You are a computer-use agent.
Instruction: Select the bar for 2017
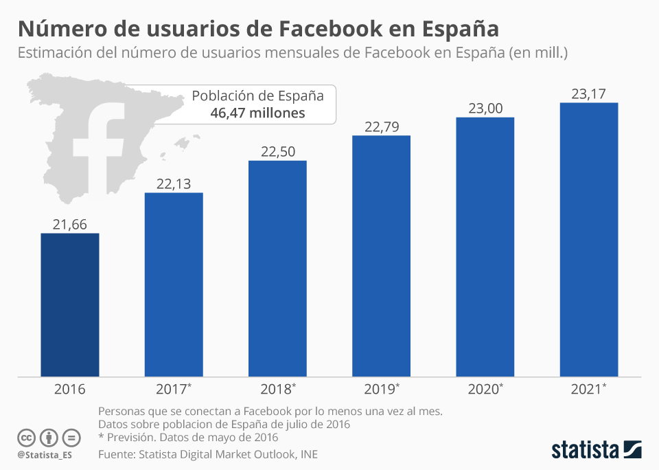click(x=174, y=284)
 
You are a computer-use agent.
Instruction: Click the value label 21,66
click(x=70, y=224)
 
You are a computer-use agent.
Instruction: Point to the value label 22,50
click(x=278, y=152)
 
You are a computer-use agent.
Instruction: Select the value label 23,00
click(x=485, y=108)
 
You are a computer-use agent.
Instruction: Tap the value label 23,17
click(x=589, y=93)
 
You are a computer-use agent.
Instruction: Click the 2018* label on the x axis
click(x=278, y=389)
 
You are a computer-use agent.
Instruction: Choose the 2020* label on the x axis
click(x=485, y=389)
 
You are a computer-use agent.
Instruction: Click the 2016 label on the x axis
click(x=70, y=389)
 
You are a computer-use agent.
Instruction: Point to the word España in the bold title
click(x=457, y=30)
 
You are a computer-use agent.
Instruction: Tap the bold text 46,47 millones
click(x=257, y=113)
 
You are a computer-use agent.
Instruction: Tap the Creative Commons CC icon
click(x=26, y=438)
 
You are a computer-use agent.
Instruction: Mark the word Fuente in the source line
click(x=117, y=454)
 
